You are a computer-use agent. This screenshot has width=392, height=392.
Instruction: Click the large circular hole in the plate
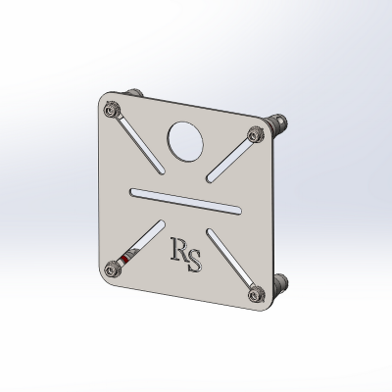tap(185, 141)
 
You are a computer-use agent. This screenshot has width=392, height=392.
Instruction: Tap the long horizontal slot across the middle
tap(186, 201)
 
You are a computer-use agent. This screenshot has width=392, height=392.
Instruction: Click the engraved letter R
tap(178, 249)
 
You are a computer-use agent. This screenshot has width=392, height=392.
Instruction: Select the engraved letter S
tap(194, 261)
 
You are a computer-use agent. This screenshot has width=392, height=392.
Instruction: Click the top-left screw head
tap(112, 110)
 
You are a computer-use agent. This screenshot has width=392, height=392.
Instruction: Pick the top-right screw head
tap(255, 134)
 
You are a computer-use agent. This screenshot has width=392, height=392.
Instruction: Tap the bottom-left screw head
tap(112, 269)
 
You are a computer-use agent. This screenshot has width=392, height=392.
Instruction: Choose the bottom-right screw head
tap(256, 295)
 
